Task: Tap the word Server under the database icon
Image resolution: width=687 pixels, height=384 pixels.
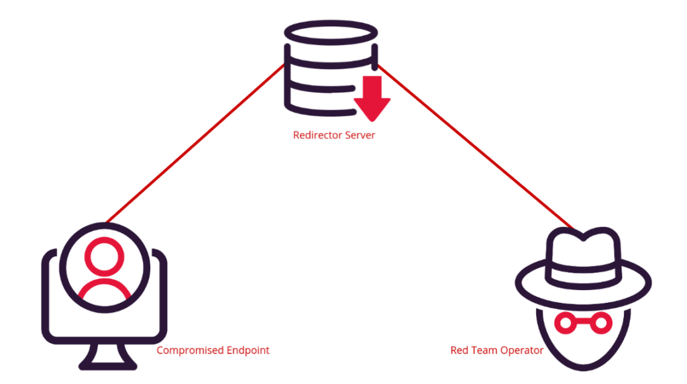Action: pos(360,135)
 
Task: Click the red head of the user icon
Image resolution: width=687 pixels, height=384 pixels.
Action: pos(105,256)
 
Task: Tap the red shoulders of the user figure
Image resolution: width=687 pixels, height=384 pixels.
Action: pos(105,290)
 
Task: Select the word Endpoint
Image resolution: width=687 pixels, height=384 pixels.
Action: pos(248,350)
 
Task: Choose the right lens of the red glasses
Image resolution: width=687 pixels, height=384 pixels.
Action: pos(601,324)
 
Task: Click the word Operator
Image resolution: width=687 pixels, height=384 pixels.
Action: pos(522,350)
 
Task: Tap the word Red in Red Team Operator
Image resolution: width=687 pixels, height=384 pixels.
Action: pos(459,350)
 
